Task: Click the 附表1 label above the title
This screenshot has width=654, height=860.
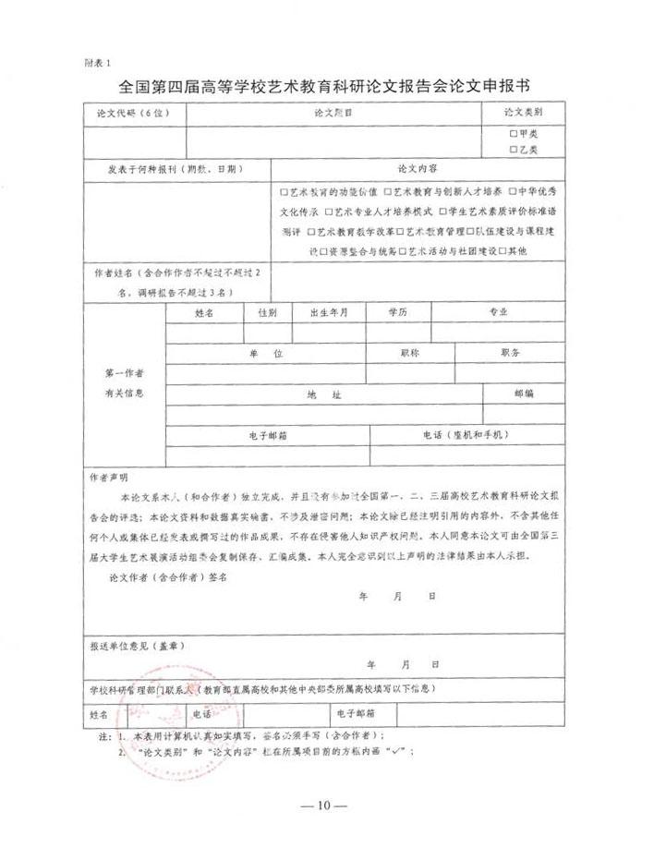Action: [97, 63]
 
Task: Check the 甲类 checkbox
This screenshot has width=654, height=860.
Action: [514, 133]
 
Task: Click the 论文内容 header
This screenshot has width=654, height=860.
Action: [417, 169]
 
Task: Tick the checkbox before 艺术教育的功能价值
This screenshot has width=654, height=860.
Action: [285, 192]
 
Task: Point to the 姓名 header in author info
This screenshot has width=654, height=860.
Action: [205, 312]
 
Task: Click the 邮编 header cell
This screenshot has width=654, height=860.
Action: [524, 394]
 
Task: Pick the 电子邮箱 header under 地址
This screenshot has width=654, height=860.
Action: [268, 434]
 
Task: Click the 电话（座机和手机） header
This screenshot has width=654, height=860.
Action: [464, 434]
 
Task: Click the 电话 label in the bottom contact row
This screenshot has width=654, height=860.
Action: [201, 714]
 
